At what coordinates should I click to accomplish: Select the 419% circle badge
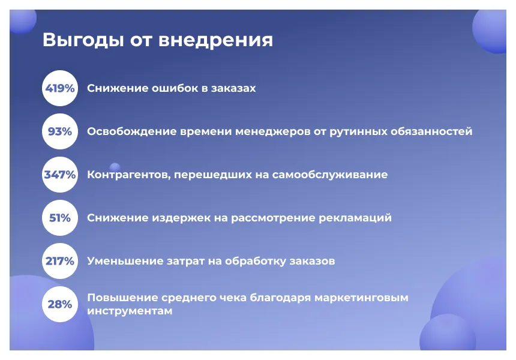(60, 88)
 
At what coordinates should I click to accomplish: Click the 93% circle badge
(60, 131)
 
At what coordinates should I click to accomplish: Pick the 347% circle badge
(60, 175)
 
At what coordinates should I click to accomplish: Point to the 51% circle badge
(60, 218)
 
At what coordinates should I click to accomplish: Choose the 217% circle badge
(60, 261)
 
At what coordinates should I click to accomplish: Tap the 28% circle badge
(60, 304)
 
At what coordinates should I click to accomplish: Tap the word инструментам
(130, 311)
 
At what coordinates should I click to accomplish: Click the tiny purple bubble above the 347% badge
(115, 167)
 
